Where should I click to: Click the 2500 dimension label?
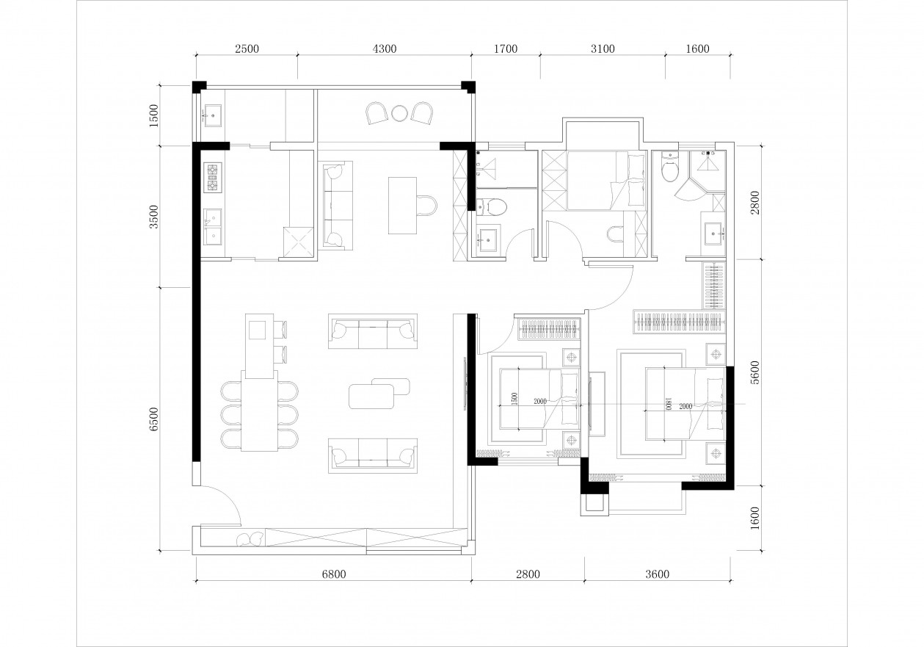click(x=247, y=48)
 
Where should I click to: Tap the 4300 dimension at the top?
click(x=384, y=48)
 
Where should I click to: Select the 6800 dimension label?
click(x=334, y=574)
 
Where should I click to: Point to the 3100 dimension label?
click(x=603, y=48)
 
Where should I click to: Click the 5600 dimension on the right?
click(x=755, y=372)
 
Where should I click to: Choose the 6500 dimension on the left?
click(x=154, y=419)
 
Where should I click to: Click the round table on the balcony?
click(x=399, y=113)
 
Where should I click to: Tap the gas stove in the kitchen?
click(x=212, y=178)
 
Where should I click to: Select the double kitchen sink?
click(x=212, y=226)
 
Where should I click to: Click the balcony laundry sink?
click(x=213, y=115)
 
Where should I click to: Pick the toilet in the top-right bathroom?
click(x=669, y=167)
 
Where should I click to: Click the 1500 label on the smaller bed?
click(x=514, y=399)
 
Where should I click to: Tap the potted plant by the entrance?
click(x=250, y=539)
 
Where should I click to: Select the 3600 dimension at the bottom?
click(x=657, y=574)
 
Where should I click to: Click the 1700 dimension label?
click(x=506, y=48)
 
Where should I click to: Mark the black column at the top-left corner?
click(x=199, y=87)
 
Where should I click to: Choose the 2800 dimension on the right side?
click(x=755, y=202)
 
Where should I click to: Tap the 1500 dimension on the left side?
click(x=154, y=115)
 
